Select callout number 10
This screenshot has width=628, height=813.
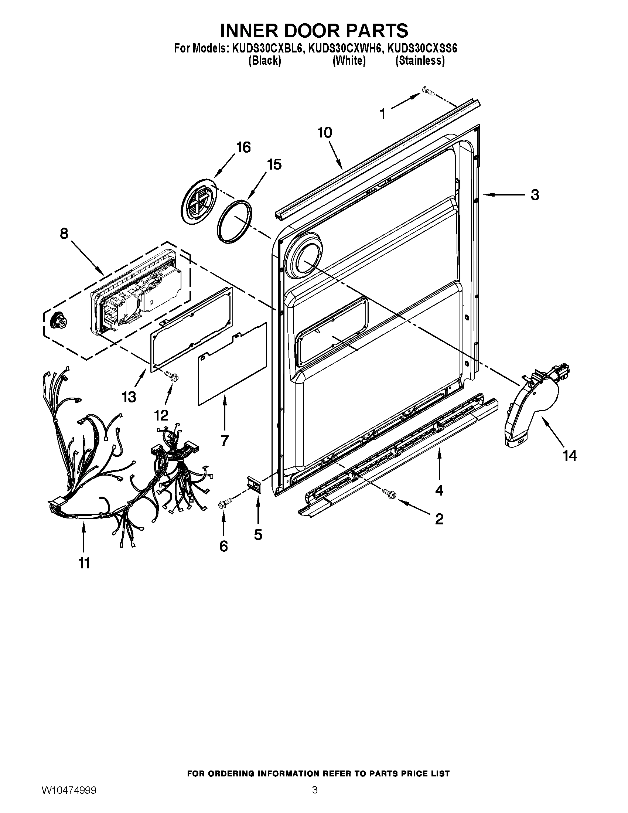coord(325,132)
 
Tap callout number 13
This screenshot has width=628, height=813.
coord(129,397)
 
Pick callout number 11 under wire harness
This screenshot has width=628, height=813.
coord(84,563)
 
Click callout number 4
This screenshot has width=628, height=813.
coord(439,490)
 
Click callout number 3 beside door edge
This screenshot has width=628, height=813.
coord(535,195)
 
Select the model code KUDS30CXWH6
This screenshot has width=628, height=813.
coord(345,48)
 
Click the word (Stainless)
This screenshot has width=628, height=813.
coord(420,61)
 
